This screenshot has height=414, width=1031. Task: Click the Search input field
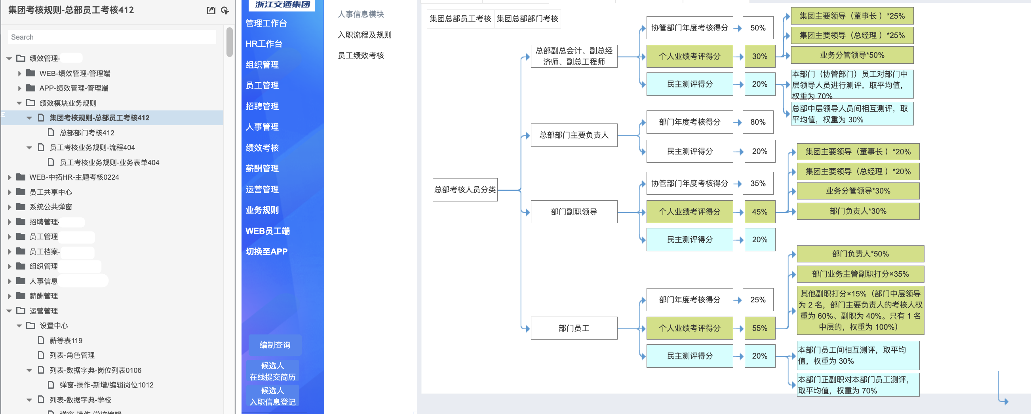tap(112, 37)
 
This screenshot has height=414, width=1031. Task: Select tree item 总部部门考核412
tap(87, 133)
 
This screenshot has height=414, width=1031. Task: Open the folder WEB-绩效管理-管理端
tap(74, 74)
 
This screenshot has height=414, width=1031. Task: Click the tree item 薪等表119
tap(66, 340)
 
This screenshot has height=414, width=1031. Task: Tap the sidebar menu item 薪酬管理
tap(262, 168)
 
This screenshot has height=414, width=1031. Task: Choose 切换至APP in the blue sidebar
tap(266, 252)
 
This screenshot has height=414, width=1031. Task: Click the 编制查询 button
tap(275, 345)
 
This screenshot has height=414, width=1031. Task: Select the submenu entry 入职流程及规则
tap(365, 35)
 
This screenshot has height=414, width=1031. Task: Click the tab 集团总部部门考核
tap(527, 19)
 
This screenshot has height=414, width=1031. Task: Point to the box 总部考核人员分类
tap(465, 190)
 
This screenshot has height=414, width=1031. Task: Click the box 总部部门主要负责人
tap(574, 135)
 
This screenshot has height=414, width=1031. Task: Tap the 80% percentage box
tap(758, 122)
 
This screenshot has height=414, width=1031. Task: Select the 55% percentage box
tap(759, 328)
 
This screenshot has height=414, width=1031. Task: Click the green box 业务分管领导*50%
tap(852, 55)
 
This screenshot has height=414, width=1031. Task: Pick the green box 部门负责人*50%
tap(860, 254)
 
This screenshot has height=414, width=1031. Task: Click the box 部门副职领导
tap(574, 212)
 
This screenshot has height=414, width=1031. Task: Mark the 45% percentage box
tap(759, 212)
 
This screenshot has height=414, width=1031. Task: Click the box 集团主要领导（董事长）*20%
tap(858, 152)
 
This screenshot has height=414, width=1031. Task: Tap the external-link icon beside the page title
tap(211, 10)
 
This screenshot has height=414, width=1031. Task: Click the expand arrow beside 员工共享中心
tap(10, 192)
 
